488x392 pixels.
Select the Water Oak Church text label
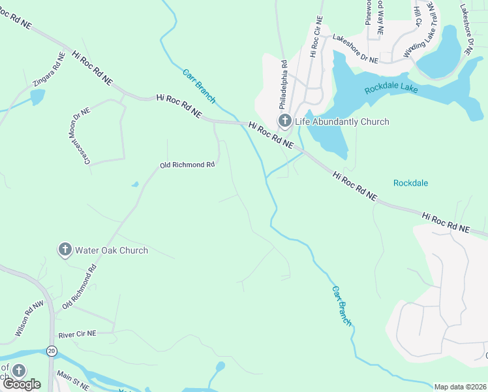tap(112, 250)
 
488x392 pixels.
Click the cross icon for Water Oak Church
tap(65, 250)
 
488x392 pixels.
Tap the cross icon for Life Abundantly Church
tap(284, 121)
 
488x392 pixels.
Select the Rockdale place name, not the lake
tap(410, 183)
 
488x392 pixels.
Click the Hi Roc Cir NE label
tap(316, 38)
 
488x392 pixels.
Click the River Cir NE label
tap(77, 334)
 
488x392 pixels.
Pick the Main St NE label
tap(72, 377)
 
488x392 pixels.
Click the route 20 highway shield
tap(52, 351)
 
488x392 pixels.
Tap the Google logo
tap(21, 384)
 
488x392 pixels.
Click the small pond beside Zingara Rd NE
tap(37, 97)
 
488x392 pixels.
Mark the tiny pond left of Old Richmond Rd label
tap(135, 184)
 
